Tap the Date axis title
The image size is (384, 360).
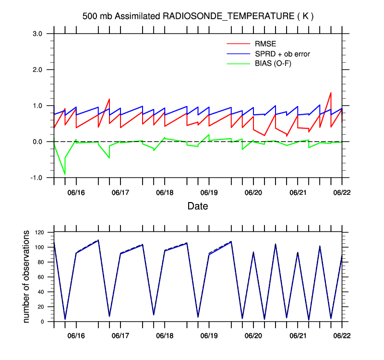pos(197,206)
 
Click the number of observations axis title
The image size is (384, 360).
pos(27,276)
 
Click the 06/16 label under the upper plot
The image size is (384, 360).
pos(76,192)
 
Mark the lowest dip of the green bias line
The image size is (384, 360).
pos(65,174)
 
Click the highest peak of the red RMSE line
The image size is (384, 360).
pos(331,93)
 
